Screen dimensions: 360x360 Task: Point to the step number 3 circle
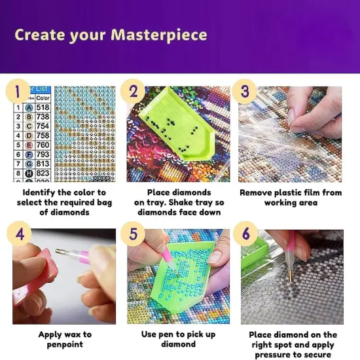245,91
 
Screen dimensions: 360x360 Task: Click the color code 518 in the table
43,107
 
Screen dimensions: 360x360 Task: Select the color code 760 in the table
43,145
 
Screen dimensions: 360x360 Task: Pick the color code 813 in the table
43,164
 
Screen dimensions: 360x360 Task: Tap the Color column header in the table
43,98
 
